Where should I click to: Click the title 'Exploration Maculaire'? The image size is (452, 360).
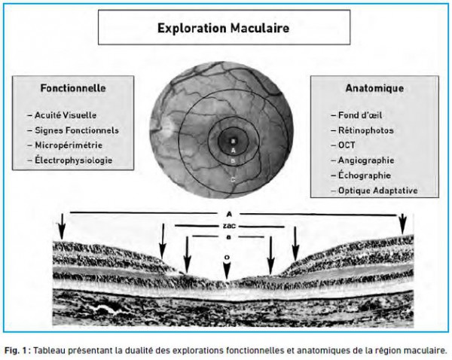click(x=224, y=29)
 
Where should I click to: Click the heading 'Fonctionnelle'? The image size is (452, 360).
click(x=73, y=88)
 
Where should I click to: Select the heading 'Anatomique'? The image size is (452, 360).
click(x=374, y=88)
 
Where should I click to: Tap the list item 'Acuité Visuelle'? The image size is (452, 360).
click(x=66, y=115)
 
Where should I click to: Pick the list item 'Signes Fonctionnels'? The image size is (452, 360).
click(x=77, y=130)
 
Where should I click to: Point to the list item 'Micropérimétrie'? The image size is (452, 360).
click(x=69, y=145)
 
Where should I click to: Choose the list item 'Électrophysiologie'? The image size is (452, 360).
click(x=74, y=160)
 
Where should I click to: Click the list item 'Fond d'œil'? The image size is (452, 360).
click(x=360, y=115)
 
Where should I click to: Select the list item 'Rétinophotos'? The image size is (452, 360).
click(x=366, y=130)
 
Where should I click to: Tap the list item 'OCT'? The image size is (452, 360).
click(x=347, y=145)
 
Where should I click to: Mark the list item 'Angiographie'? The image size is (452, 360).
click(x=366, y=160)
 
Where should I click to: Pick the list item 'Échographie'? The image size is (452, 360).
click(x=365, y=175)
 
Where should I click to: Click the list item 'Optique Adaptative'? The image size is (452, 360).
click(x=378, y=191)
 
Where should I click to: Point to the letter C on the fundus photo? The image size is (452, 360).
click(x=234, y=180)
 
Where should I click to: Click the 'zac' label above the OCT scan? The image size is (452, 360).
click(x=229, y=226)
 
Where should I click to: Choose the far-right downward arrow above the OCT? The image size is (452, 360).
click(x=403, y=224)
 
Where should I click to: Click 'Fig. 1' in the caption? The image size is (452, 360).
click(x=17, y=350)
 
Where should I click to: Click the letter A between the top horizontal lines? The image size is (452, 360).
click(x=229, y=214)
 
